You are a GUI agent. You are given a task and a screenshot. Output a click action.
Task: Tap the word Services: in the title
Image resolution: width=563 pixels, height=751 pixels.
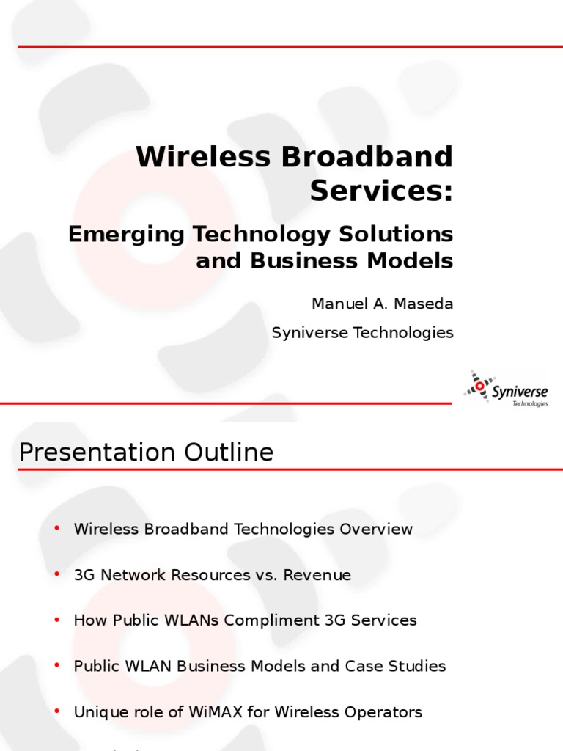click(381, 191)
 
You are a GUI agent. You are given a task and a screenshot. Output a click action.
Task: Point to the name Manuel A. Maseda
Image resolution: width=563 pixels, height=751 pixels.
click(383, 303)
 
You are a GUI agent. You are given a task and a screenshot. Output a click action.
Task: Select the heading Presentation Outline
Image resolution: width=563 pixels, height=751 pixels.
click(147, 453)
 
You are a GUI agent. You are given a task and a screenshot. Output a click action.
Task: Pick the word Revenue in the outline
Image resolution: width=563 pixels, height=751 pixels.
click(322, 575)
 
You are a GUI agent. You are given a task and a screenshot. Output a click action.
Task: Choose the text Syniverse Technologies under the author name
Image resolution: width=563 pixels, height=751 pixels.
click(362, 333)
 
